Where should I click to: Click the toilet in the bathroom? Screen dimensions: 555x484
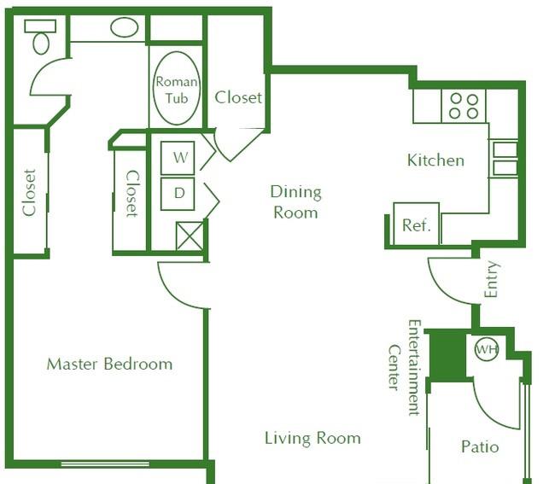point(40,37)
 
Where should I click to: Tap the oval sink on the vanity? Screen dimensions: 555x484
point(125,27)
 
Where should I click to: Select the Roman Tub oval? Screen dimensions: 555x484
point(176,88)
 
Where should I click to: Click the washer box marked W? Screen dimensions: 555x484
point(178,158)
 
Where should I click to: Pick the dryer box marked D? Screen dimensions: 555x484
point(178,194)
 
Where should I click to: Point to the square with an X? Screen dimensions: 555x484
point(190,236)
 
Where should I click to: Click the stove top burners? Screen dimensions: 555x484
point(464,106)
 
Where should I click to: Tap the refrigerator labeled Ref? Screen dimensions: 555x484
point(417,224)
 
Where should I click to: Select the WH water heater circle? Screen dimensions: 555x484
point(487,349)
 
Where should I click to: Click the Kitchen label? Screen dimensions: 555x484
point(435,160)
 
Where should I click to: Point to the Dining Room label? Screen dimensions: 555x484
point(296,202)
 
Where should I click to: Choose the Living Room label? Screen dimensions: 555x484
point(313,438)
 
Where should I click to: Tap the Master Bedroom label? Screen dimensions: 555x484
point(110,364)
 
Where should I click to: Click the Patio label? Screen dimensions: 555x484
point(480,446)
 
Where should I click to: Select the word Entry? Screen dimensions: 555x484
point(491,279)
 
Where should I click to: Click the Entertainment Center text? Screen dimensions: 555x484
point(405,368)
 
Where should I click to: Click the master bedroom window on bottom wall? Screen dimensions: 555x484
point(105,464)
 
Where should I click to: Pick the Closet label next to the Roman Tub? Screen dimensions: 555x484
point(238,97)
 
